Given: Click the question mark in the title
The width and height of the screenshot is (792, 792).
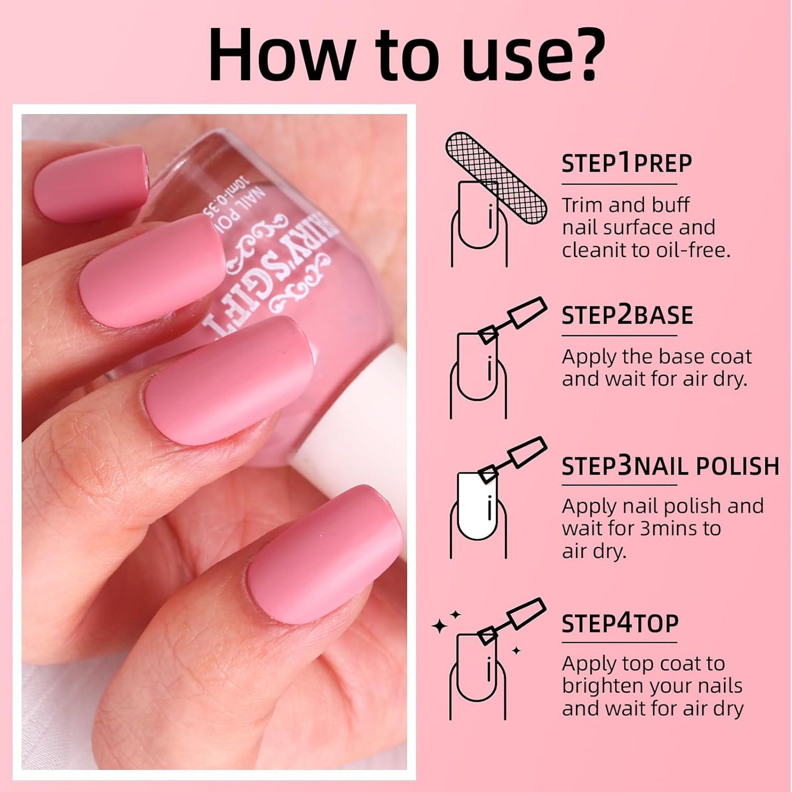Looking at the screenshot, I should (x=582, y=55).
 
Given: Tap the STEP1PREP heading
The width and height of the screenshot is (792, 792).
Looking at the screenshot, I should (x=626, y=163).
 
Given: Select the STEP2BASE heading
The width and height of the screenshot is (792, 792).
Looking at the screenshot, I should (x=627, y=315).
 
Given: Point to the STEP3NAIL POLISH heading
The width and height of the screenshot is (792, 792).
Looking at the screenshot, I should (x=670, y=466).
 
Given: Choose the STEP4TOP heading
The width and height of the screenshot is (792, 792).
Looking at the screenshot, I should (x=620, y=623).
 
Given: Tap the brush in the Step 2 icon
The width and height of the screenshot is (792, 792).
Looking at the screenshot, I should (x=512, y=320).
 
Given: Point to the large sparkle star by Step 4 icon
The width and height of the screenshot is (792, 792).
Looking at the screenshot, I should (x=439, y=626).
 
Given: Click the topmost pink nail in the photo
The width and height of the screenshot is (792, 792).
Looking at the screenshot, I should (x=90, y=182).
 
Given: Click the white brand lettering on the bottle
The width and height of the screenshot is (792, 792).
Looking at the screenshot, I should (x=274, y=274).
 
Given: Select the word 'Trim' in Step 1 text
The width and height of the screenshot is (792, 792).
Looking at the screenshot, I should (x=582, y=205).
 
